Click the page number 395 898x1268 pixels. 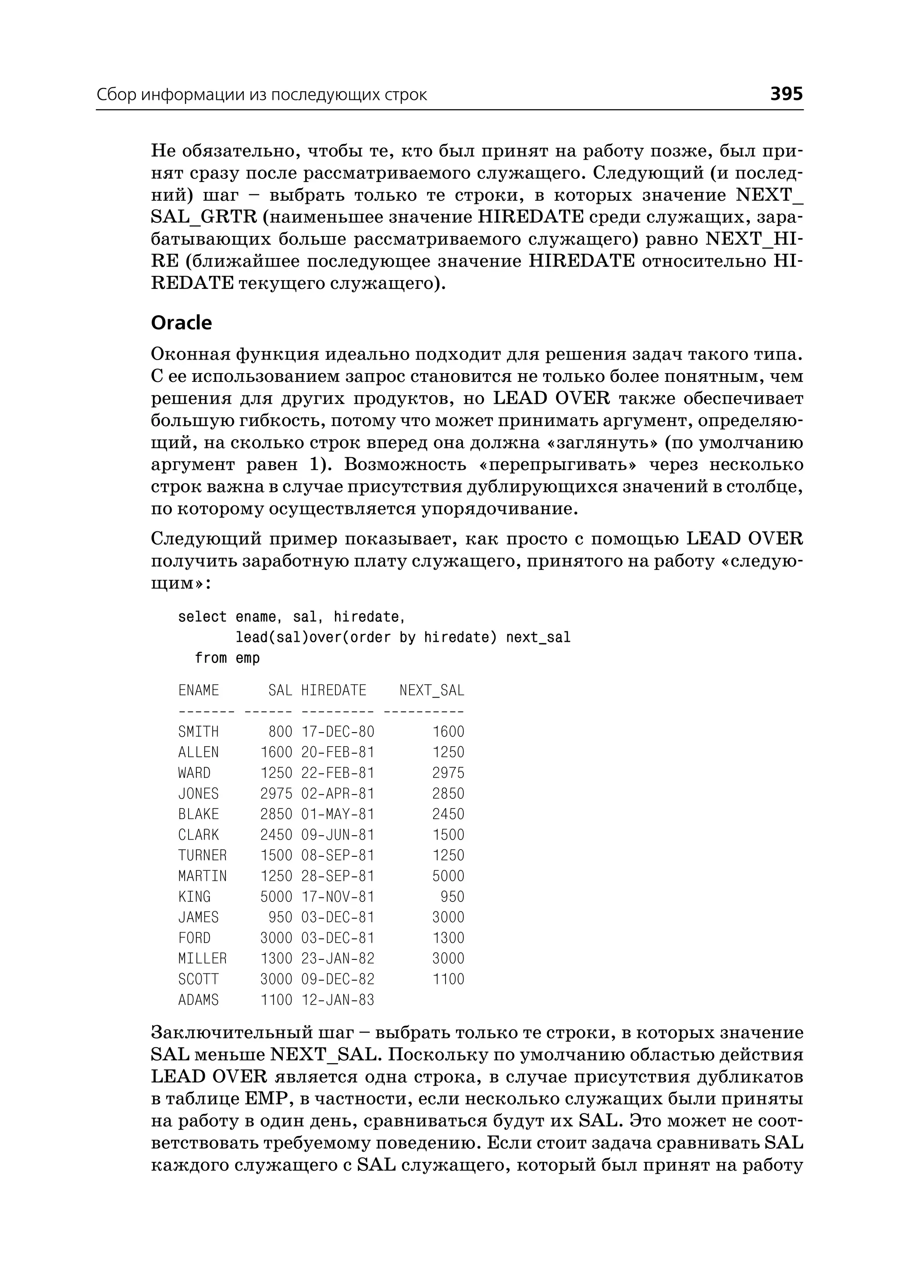tap(786, 94)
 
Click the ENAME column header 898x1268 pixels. tap(199, 690)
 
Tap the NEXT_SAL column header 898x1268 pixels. tap(431, 690)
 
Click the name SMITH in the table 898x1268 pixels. tap(199, 732)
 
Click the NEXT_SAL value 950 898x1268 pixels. tap(453, 896)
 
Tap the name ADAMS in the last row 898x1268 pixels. tap(199, 1000)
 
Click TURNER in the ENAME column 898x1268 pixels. tap(203, 855)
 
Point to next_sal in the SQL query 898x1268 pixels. tap(538, 638)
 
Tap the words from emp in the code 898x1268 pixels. tap(227, 658)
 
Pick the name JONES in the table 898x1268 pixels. tap(199, 794)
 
